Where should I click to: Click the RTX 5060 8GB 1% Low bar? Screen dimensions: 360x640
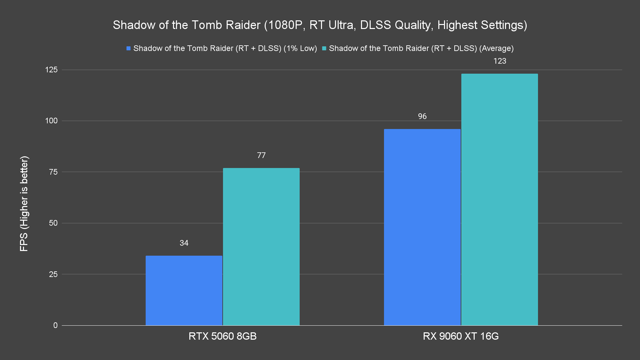(x=184, y=290)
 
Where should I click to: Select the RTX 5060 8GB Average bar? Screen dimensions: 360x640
(x=261, y=247)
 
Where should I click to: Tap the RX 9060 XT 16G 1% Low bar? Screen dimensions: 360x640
(x=422, y=227)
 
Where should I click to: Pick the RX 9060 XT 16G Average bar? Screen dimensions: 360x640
(x=499, y=199)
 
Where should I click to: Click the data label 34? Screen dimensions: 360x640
(x=184, y=243)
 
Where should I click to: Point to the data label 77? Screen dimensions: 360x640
(x=261, y=155)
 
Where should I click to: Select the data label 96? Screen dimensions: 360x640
(x=422, y=116)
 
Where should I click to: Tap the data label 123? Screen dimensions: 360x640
(x=500, y=61)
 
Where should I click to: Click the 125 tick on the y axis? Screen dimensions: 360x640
(x=51, y=70)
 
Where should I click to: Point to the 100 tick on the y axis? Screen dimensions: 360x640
(x=51, y=121)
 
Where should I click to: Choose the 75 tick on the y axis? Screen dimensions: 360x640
(x=53, y=172)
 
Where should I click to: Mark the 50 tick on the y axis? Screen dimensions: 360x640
(x=53, y=223)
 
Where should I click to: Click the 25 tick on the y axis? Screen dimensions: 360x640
(x=53, y=274)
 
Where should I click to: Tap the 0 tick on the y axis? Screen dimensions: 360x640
(x=55, y=325)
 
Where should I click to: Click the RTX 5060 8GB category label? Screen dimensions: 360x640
(x=222, y=336)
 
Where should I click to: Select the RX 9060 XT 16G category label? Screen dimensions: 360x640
(x=461, y=336)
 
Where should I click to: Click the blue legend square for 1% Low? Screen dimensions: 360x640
(x=128, y=48)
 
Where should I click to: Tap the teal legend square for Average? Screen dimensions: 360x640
(x=324, y=48)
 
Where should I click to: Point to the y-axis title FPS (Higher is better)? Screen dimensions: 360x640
(x=24, y=203)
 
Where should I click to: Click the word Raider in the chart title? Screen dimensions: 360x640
(x=243, y=25)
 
